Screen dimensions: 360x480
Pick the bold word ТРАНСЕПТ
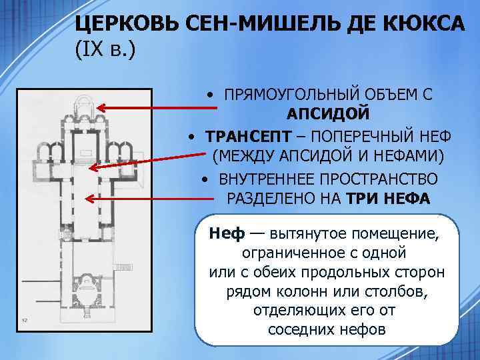[x=249, y=136]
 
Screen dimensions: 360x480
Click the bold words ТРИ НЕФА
[x=389, y=199]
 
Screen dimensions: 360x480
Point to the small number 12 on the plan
[x=25, y=320]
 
